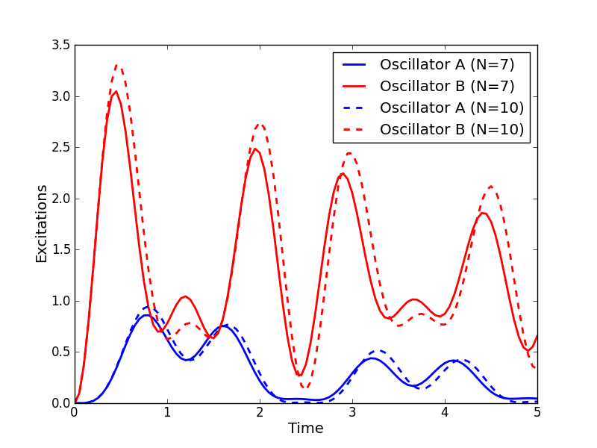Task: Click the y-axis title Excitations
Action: (x=42, y=223)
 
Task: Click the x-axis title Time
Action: (x=305, y=429)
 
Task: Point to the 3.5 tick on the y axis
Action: (x=63, y=46)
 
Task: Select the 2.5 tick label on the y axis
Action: (x=63, y=148)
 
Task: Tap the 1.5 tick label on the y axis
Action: (x=63, y=250)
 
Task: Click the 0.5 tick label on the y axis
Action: (x=63, y=352)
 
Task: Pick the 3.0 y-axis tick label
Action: (x=63, y=97)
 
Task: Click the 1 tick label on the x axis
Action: (x=167, y=412)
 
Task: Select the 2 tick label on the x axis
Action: (x=260, y=412)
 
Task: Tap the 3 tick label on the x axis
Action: (x=352, y=412)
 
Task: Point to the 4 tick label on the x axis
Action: (x=445, y=412)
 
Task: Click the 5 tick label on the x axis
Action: (x=537, y=412)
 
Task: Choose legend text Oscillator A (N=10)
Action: (x=451, y=108)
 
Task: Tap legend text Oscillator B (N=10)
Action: (x=451, y=129)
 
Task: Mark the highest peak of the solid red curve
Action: (x=116, y=91)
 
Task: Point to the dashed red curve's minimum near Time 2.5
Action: (x=305, y=388)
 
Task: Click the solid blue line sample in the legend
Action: (x=354, y=65)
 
